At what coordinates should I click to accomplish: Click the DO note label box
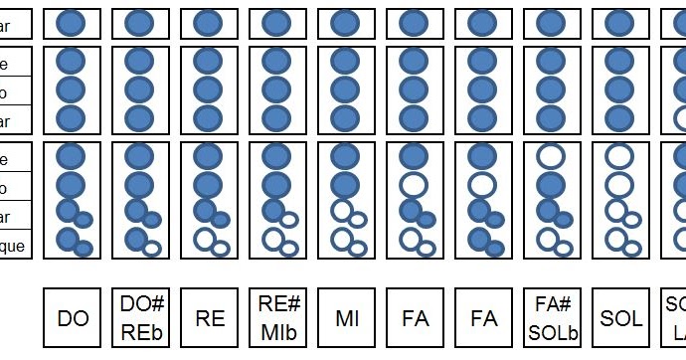point(73,318)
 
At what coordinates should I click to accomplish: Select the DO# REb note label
point(141,318)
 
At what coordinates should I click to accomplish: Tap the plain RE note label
point(210,318)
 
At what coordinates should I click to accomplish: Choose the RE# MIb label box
point(278,318)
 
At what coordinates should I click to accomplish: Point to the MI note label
point(347,318)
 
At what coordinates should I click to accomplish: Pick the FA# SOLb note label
point(552,318)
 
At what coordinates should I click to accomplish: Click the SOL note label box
point(620,318)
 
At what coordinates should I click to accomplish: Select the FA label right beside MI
point(416,318)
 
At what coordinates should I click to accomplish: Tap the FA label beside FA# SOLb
point(484,318)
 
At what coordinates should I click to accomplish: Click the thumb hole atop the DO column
point(72,22)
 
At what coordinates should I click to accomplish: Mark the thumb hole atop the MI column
point(345,22)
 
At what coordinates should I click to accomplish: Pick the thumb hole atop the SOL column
point(618,22)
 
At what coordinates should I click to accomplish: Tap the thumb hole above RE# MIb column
point(276,22)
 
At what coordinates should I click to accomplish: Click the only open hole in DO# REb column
point(153,248)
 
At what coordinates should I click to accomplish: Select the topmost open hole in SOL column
point(618,156)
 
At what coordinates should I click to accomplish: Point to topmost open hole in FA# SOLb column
point(550,156)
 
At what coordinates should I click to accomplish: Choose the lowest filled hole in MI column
point(345,185)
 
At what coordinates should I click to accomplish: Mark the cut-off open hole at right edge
point(680,118)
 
